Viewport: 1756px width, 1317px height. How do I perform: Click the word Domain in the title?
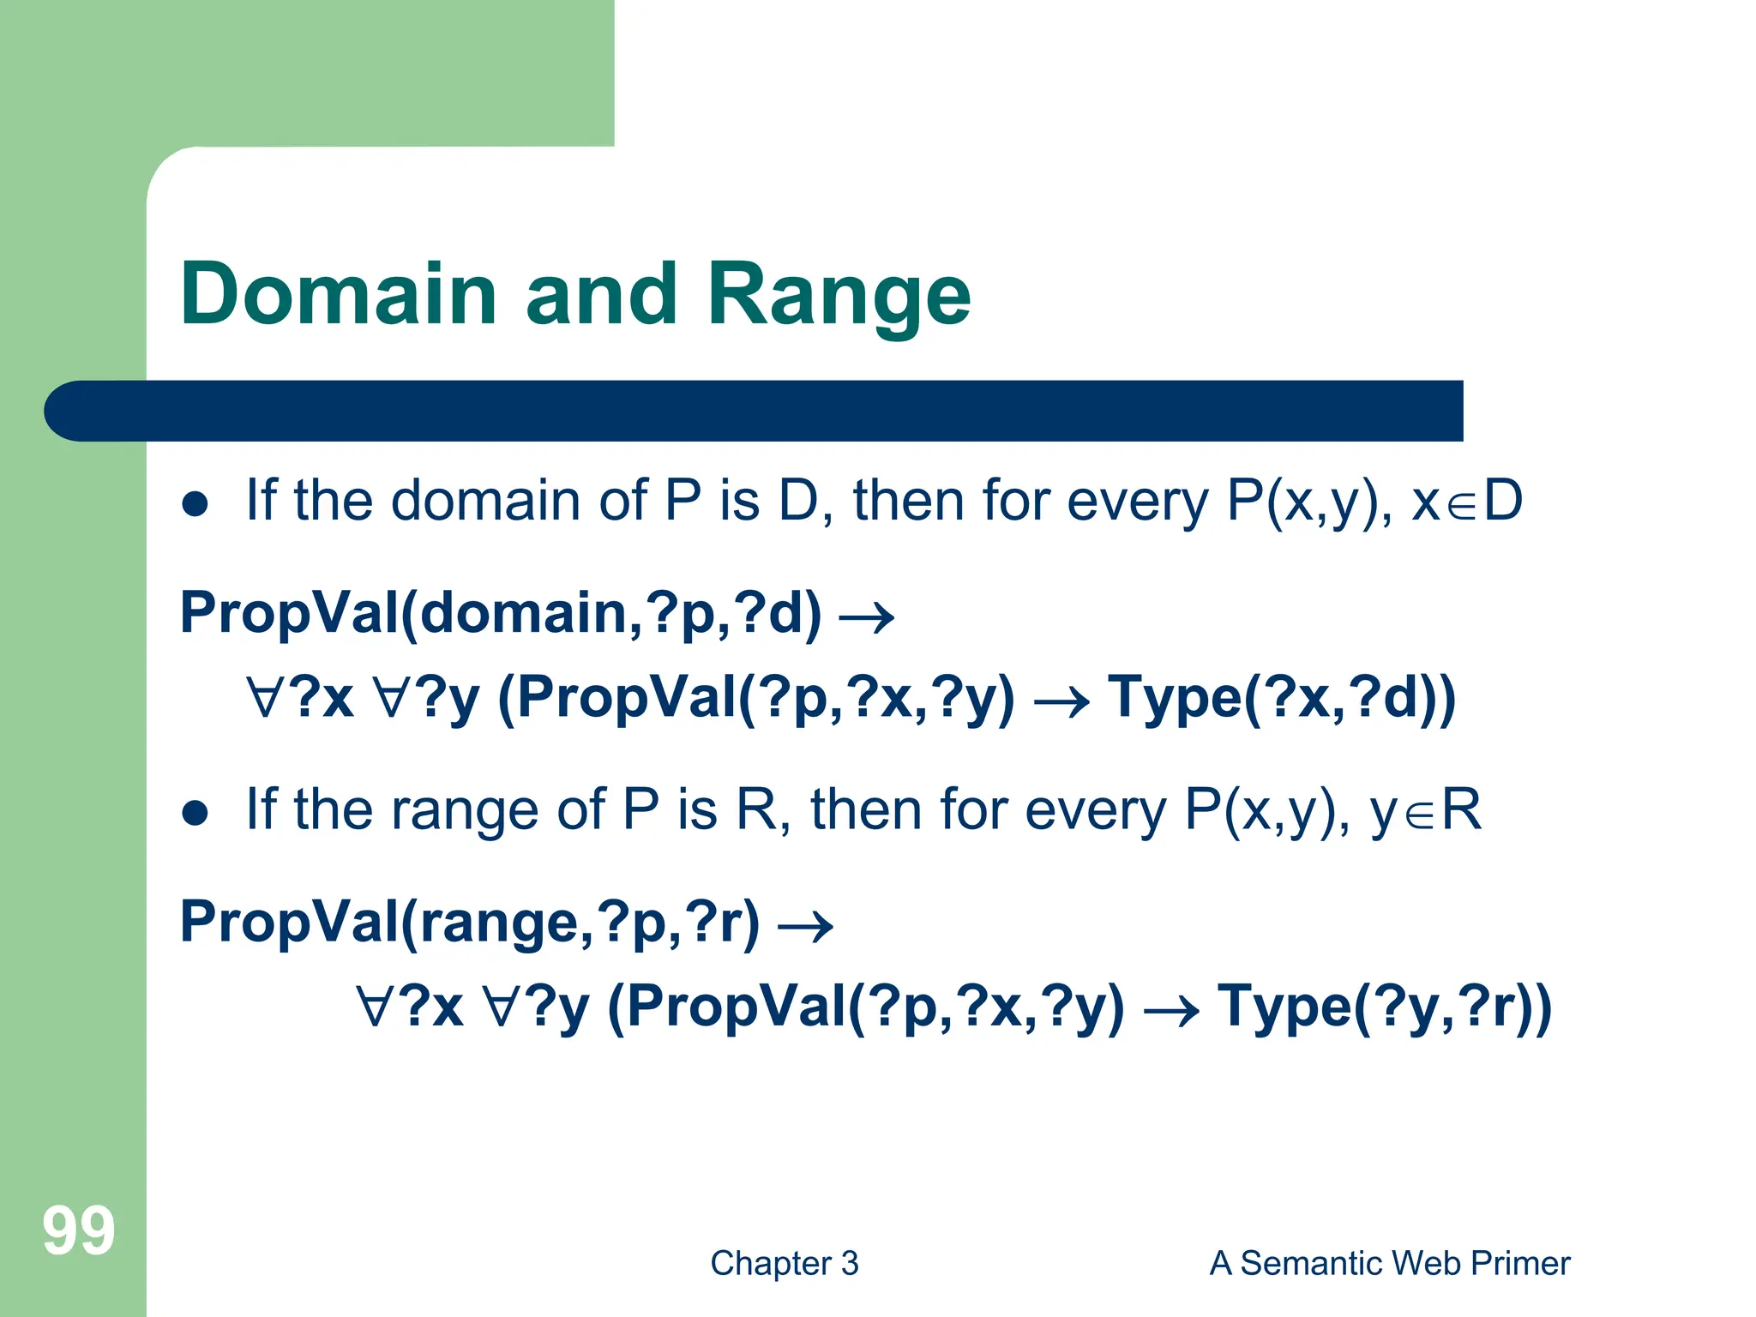[x=339, y=294]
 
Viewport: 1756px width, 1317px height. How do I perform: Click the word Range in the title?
[x=839, y=294]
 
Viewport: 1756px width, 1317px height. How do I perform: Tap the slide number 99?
[x=78, y=1231]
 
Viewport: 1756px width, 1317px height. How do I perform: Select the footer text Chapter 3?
[x=784, y=1263]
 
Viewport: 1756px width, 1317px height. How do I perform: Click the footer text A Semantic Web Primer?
[x=1389, y=1263]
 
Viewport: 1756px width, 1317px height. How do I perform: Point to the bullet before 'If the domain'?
[x=195, y=504]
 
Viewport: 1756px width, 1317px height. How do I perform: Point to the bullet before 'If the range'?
[x=195, y=813]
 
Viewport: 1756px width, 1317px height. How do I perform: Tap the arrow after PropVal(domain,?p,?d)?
[x=866, y=617]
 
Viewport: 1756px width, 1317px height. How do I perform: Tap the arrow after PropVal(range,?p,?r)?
[x=805, y=926]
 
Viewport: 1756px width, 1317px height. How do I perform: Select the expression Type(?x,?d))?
[x=1282, y=697]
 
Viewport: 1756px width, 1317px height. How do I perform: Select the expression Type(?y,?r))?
[x=1385, y=1006]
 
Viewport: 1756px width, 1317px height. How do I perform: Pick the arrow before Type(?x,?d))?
[x=1061, y=703]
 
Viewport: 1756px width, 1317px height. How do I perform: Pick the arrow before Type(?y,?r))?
[x=1171, y=1012]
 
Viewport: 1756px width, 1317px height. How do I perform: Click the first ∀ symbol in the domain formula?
[x=263, y=697]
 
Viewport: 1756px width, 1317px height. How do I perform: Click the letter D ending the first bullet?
[x=1502, y=500]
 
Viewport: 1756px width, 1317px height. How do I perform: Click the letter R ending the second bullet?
[x=1461, y=809]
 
